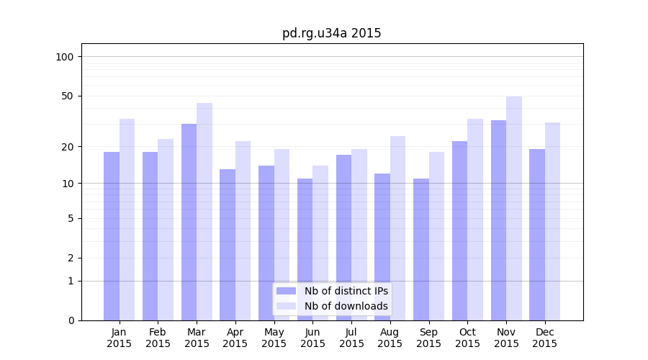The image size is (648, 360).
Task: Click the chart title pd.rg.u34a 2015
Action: point(331,33)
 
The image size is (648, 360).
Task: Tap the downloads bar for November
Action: point(514,208)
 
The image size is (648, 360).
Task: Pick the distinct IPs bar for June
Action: point(305,249)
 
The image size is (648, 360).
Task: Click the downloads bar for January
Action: point(127,220)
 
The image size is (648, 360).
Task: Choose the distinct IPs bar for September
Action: point(421,249)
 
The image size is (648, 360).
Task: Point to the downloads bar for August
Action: point(398,228)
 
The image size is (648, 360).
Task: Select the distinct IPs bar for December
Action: point(537,235)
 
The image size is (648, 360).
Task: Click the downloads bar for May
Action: point(282,235)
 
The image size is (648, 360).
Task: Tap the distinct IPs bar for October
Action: point(460,230)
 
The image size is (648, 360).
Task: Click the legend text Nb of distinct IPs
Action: point(346,291)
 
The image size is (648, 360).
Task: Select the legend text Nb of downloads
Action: point(346,306)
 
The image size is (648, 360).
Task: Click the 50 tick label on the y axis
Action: point(68,96)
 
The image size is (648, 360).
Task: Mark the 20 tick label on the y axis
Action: point(68,147)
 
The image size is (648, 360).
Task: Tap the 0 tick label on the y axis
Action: point(71,320)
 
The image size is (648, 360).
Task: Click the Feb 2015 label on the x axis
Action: point(158,338)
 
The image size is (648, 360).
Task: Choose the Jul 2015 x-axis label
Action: point(351,338)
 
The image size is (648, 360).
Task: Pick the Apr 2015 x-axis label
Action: point(235,338)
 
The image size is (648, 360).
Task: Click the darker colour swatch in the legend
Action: point(287,291)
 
